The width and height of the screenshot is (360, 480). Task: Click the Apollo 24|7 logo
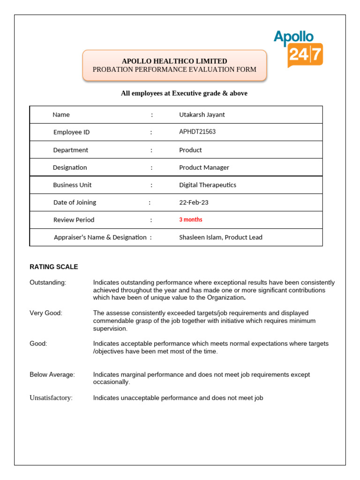(x=298, y=48)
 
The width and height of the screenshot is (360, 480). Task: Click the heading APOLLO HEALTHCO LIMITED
(x=174, y=61)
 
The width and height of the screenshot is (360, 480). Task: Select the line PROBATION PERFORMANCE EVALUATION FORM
(x=174, y=69)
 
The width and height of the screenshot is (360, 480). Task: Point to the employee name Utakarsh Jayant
(x=202, y=114)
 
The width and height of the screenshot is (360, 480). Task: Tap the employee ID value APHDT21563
(x=197, y=132)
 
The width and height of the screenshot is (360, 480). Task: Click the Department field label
(x=71, y=150)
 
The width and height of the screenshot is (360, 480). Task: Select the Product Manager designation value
(x=204, y=167)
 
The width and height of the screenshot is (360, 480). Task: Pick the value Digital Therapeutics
(x=208, y=185)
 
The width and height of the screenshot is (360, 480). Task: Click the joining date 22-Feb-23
(x=194, y=202)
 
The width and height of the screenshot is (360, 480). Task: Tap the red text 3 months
(x=191, y=220)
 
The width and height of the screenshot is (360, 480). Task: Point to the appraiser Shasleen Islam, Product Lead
(x=221, y=237)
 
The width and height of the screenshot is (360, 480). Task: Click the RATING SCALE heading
(x=54, y=267)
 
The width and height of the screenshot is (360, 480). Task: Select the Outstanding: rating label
(x=48, y=283)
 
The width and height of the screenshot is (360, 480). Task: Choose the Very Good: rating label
(x=46, y=313)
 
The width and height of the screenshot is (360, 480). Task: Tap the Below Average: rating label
(x=52, y=375)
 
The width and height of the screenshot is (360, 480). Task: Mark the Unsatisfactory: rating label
(x=51, y=398)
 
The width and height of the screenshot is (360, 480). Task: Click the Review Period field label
(x=74, y=220)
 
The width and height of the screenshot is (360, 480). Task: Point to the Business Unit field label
(x=72, y=185)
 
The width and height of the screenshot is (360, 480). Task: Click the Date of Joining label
(x=75, y=202)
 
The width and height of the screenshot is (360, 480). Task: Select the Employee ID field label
(x=71, y=132)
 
